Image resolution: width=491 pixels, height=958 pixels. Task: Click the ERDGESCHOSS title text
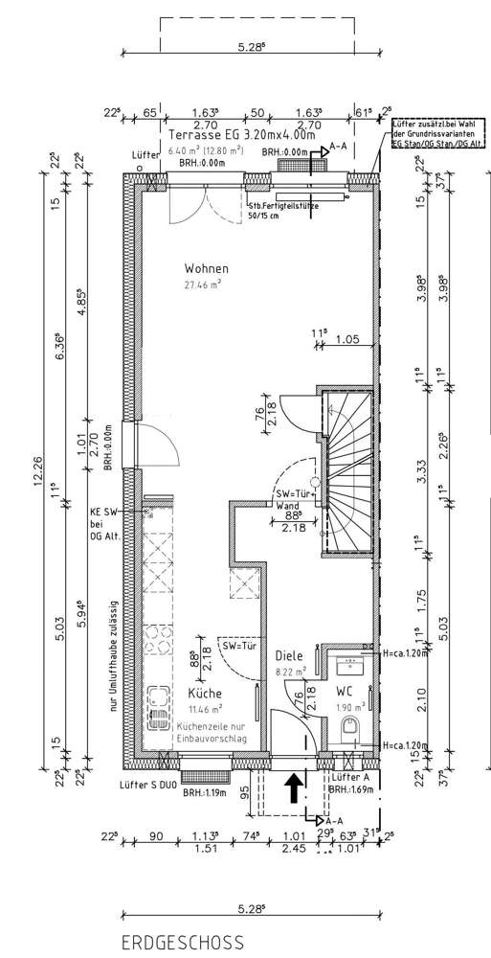pyautogui.click(x=182, y=943)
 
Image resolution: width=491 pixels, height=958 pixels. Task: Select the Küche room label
pyautogui.click(x=206, y=693)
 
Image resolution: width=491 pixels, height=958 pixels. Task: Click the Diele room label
pyautogui.click(x=289, y=656)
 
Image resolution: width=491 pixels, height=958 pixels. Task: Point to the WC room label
pyautogui.click(x=346, y=691)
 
